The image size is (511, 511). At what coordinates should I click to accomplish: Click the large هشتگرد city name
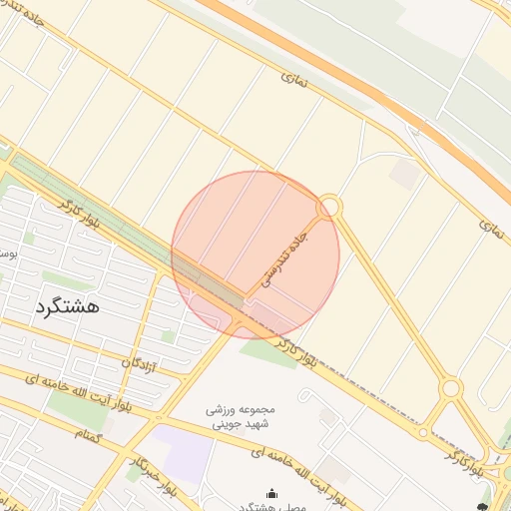click(67, 306)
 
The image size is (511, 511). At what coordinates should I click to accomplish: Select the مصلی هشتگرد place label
click(271, 506)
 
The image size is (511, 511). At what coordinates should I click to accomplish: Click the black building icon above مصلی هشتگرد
click(271, 492)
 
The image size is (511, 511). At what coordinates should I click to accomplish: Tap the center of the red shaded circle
click(255, 255)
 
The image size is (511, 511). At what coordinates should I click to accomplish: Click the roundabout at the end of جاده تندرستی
click(329, 208)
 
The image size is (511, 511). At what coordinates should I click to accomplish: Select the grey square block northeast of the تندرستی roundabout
click(405, 173)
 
